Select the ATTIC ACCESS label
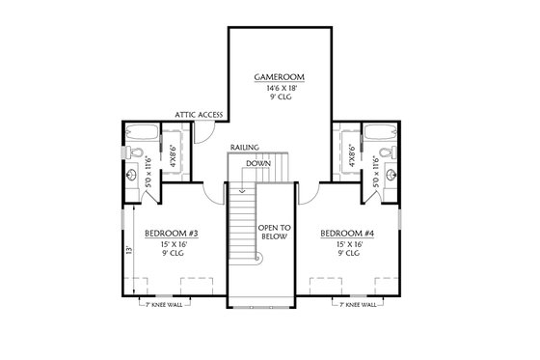pos(200,114)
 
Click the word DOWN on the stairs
pos(257,163)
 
